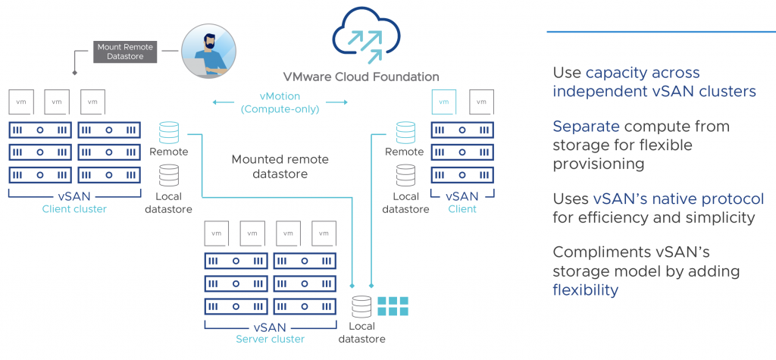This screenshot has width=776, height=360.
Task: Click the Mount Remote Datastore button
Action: [x=124, y=52]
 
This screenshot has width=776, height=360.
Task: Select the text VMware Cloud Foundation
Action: [x=360, y=77]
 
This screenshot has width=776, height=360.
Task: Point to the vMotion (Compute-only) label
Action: [x=280, y=102]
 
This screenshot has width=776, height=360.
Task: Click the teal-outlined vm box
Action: [x=443, y=101]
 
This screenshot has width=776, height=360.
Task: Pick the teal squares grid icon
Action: [x=393, y=306]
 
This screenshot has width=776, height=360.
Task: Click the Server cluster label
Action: [x=271, y=339]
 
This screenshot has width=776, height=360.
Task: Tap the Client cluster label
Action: [x=74, y=208]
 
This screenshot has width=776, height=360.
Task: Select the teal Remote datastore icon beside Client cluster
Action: [x=169, y=133]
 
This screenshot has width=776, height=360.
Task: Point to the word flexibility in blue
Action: [x=585, y=290]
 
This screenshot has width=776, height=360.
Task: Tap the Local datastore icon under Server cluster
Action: [x=361, y=307]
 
